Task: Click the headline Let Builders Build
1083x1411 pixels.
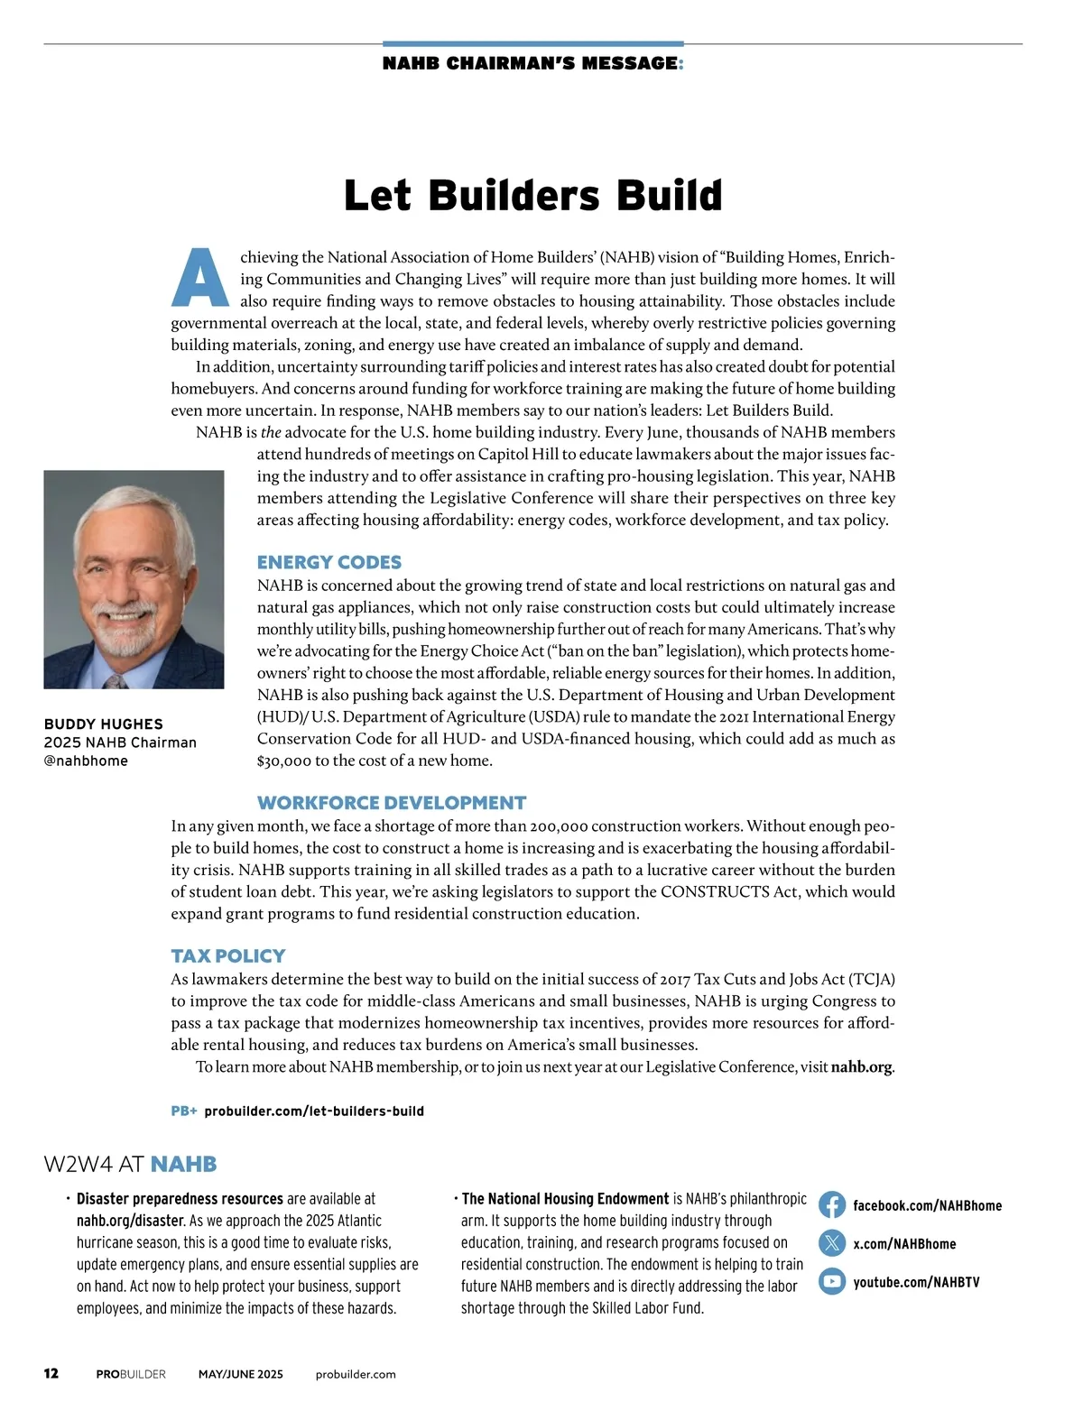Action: pyautogui.click(x=532, y=196)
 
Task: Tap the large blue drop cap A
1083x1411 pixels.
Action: pyautogui.click(x=200, y=277)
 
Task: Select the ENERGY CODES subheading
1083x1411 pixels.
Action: pyautogui.click(x=329, y=562)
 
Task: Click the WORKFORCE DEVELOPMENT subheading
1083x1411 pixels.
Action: pyautogui.click(x=392, y=803)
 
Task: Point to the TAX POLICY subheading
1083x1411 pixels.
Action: pyautogui.click(x=228, y=956)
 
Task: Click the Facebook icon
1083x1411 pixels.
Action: pyautogui.click(x=832, y=1205)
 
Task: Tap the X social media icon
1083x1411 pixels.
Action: pyautogui.click(x=832, y=1243)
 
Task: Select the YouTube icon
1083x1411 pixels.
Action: pyautogui.click(x=832, y=1281)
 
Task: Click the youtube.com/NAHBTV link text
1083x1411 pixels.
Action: pyautogui.click(x=916, y=1282)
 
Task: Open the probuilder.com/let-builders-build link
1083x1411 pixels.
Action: pyautogui.click(x=314, y=1111)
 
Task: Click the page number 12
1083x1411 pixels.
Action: pyautogui.click(x=51, y=1373)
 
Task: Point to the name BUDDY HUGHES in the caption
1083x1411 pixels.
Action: pyautogui.click(x=104, y=724)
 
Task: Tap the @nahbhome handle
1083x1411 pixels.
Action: pyautogui.click(x=86, y=761)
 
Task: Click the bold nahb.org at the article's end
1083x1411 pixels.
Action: pyautogui.click(x=861, y=1067)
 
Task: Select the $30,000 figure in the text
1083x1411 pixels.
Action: pyautogui.click(x=284, y=761)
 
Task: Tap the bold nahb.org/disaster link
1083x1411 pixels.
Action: pyautogui.click(x=130, y=1221)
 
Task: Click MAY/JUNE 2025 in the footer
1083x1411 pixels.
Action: pyautogui.click(x=241, y=1374)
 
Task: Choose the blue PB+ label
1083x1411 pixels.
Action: pyautogui.click(x=184, y=1111)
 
